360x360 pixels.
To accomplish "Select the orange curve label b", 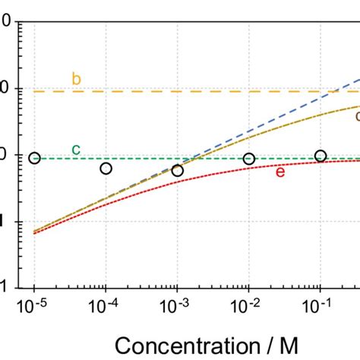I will click(x=76, y=78).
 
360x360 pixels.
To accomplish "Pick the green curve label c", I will click(x=76, y=149).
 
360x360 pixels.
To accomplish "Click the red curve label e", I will click(x=279, y=172).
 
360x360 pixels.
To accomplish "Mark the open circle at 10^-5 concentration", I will click(x=34, y=158).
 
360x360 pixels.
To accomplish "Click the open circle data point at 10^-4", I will click(x=106, y=168).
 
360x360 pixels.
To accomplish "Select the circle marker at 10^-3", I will click(x=177, y=170).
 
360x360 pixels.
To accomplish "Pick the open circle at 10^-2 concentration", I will click(x=248, y=159).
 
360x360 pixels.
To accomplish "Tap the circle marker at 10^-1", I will click(x=320, y=156).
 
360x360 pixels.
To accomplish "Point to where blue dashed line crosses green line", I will click(x=192, y=159).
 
